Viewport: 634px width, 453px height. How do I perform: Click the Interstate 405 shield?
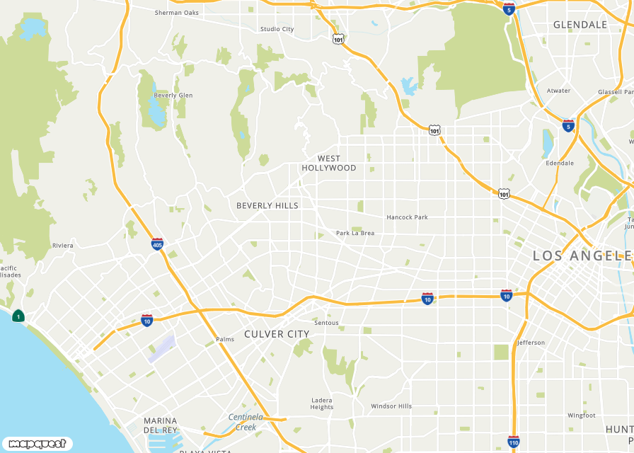point(157,244)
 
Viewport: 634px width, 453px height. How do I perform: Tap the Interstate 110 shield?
point(514,442)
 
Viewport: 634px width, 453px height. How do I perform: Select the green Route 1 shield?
point(18,316)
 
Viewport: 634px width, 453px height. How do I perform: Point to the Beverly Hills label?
point(267,205)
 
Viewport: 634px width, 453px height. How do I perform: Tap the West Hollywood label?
point(329,164)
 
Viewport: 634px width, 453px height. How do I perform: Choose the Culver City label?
point(277,334)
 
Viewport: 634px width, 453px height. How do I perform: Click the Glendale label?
point(580,25)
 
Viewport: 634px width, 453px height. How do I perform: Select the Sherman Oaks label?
point(177,12)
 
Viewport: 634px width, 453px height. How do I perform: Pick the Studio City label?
point(277,29)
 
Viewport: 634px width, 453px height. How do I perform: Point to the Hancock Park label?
point(407,217)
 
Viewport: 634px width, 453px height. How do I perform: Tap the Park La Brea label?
point(355,233)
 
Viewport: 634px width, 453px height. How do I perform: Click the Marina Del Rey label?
point(161,425)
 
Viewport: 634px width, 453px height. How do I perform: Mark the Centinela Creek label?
point(246,422)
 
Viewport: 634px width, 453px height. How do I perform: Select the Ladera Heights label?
point(322,403)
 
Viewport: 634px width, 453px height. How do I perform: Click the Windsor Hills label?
point(391,406)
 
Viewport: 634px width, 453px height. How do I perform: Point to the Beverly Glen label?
point(173,96)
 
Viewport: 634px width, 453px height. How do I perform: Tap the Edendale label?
point(560,163)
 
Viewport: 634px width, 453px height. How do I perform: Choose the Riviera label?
point(62,246)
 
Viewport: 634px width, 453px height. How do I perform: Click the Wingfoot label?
point(582,415)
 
